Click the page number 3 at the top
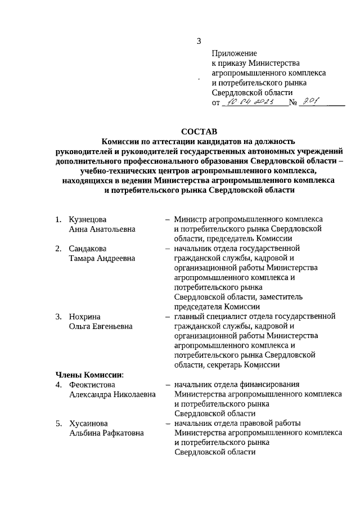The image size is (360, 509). tap(199, 40)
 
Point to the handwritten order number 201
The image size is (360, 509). tap(310, 101)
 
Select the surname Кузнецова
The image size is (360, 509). tap(88, 219)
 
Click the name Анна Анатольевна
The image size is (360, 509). tap(102, 229)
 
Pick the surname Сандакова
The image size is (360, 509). tap(88, 248)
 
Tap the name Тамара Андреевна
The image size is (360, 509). tap(102, 258)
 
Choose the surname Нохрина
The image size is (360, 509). tap(84, 317)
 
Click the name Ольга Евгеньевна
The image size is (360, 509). tap(101, 327)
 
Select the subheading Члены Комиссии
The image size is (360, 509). tap(89, 375)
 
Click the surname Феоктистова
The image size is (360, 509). tap(92, 385)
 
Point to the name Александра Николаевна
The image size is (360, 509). tap(112, 395)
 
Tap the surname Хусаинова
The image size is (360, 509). tap(88, 423)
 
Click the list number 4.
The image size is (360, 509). tap(58, 385)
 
